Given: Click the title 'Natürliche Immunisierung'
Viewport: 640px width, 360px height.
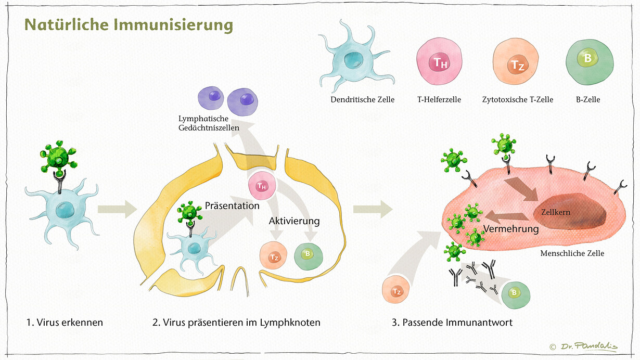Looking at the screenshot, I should tap(128, 24).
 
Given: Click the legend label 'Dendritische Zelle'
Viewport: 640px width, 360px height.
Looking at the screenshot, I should tap(362, 99).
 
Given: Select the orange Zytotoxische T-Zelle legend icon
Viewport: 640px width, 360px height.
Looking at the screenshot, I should tap(516, 65).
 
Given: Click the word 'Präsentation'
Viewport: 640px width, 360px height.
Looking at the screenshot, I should tap(232, 205).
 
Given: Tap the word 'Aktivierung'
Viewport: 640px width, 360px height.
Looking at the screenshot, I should tap(294, 221).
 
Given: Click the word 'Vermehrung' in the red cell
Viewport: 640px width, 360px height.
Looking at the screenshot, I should tap(511, 228).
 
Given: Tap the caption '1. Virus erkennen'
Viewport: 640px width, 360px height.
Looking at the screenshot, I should tap(65, 323).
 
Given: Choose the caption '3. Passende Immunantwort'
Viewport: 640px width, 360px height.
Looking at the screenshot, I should tap(452, 323).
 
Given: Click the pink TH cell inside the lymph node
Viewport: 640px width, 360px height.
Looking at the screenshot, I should tap(262, 186).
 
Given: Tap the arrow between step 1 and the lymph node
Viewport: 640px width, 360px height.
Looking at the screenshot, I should tap(117, 210).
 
